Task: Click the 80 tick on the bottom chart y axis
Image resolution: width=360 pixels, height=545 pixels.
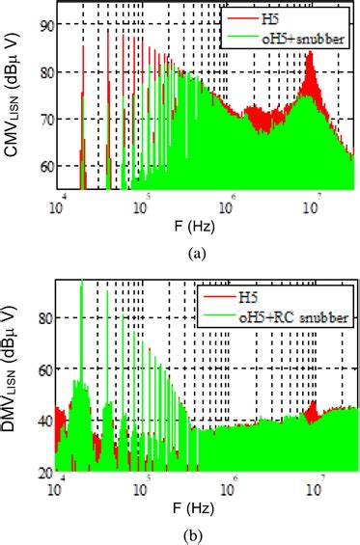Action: [x=45, y=314]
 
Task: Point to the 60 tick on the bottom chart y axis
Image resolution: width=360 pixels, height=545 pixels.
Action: [x=45, y=368]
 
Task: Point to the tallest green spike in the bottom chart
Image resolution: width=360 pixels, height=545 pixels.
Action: [x=81, y=283]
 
